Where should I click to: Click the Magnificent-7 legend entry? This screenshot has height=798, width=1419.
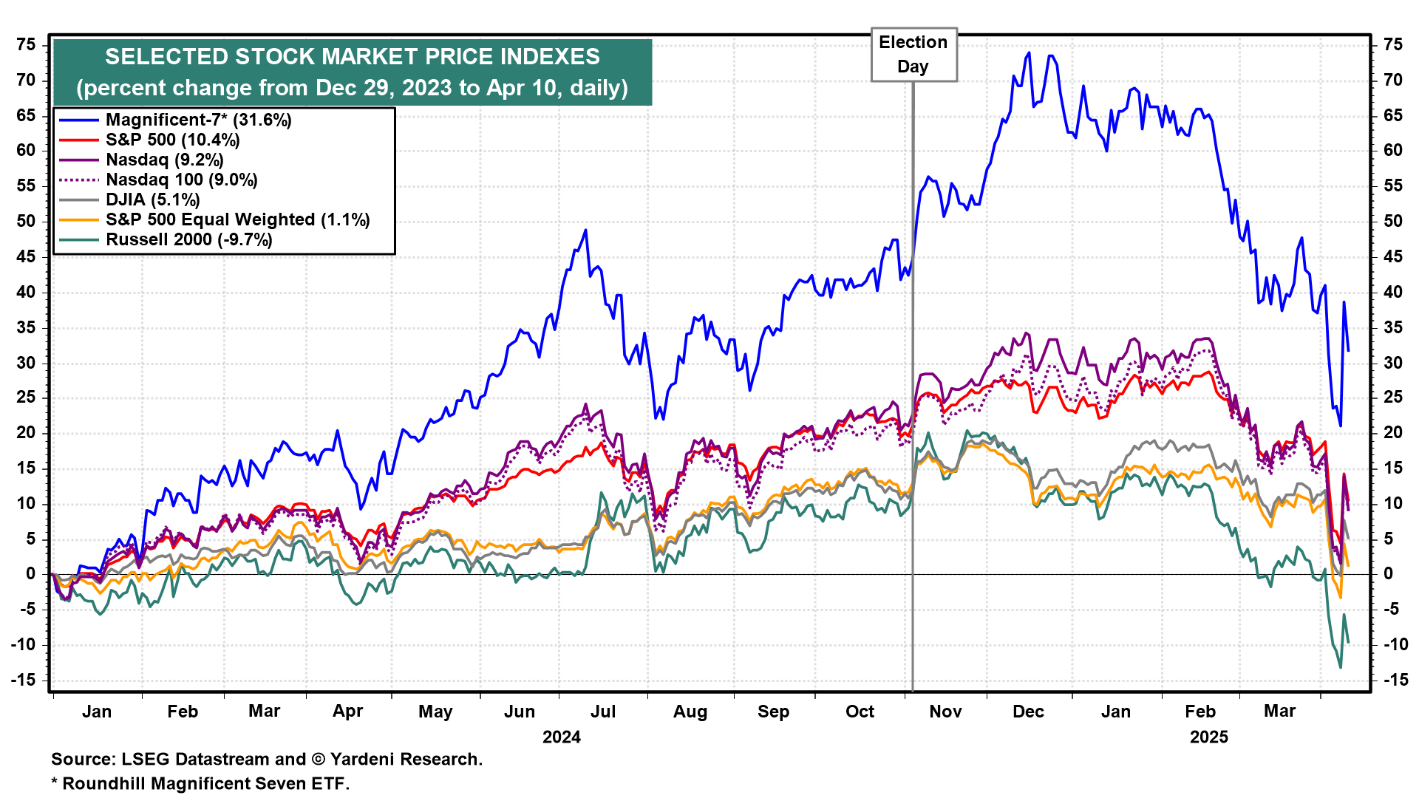click(198, 120)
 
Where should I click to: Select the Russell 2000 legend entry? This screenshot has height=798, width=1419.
click(188, 239)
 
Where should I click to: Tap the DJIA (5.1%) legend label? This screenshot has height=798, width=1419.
click(152, 199)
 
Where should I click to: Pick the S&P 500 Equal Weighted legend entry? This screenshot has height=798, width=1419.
click(237, 219)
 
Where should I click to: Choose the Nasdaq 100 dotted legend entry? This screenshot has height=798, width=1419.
click(181, 180)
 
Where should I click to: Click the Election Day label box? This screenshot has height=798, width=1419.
click(913, 55)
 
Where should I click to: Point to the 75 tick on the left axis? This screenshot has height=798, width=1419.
click(26, 45)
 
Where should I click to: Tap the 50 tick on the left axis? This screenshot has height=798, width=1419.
click(26, 221)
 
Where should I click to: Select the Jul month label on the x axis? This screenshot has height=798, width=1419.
click(603, 712)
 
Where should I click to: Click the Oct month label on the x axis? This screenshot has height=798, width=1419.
click(860, 712)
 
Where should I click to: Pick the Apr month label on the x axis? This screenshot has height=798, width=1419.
click(347, 712)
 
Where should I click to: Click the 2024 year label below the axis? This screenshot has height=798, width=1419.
click(562, 737)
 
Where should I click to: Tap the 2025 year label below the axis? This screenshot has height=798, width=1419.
click(1209, 737)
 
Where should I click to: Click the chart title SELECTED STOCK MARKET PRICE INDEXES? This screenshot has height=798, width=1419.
click(353, 57)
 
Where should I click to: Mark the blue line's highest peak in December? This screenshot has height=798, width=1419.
click(1028, 52)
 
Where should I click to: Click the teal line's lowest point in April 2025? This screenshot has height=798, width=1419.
click(1341, 668)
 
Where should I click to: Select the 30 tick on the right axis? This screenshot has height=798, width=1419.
click(1392, 363)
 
